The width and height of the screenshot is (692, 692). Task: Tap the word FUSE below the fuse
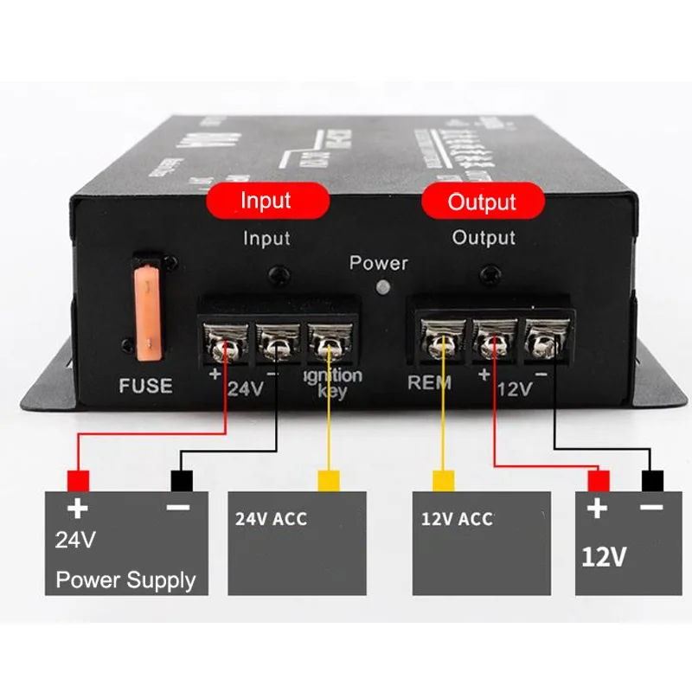coord(145,386)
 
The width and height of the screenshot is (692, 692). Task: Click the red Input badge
coord(266,201)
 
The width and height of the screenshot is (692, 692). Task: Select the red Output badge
coord(482,202)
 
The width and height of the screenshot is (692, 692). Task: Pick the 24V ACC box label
coord(270,519)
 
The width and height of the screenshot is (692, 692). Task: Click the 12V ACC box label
coord(457,519)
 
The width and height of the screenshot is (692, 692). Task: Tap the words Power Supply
coord(126,580)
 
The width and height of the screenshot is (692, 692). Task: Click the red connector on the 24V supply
coord(78,479)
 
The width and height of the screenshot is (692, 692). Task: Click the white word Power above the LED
coord(378,263)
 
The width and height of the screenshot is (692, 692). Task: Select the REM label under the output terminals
coord(430,383)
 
